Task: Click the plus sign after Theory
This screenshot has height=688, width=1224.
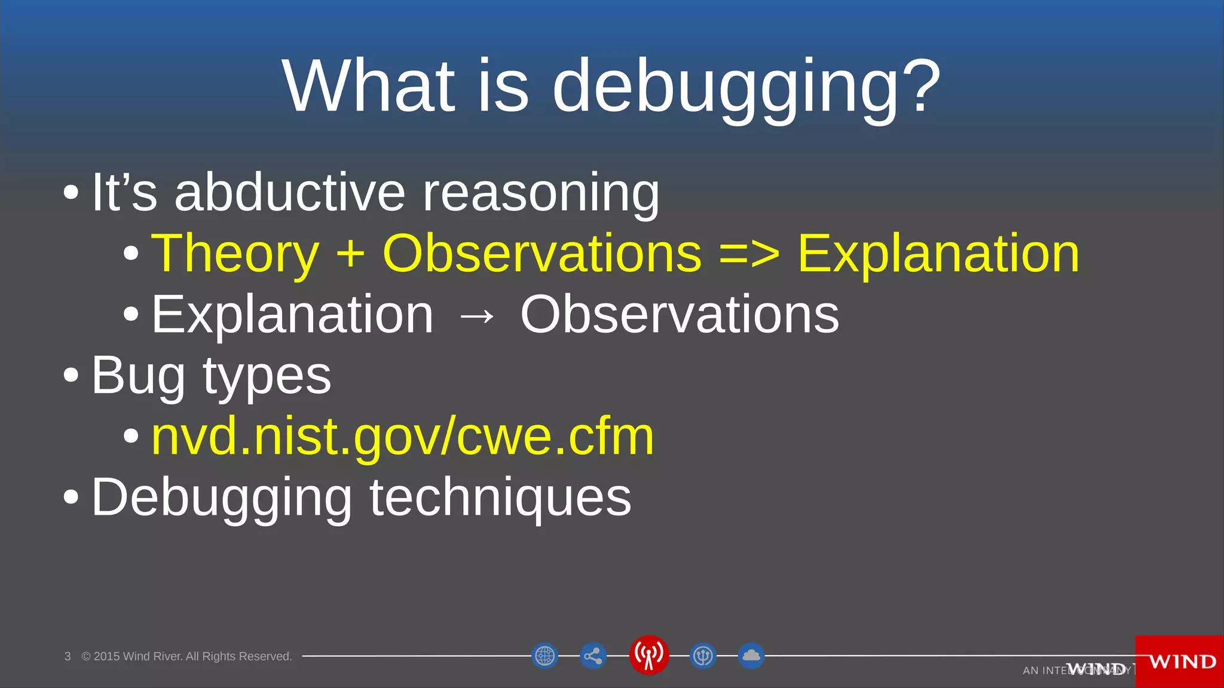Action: (x=350, y=254)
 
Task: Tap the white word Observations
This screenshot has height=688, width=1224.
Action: (x=680, y=315)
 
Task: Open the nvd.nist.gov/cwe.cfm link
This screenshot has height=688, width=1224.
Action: (x=402, y=437)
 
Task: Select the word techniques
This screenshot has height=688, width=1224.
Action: (x=500, y=498)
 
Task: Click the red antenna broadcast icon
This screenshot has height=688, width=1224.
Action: (x=648, y=655)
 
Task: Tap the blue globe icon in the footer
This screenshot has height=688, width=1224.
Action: (x=544, y=656)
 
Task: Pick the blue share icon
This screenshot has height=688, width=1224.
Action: (x=593, y=656)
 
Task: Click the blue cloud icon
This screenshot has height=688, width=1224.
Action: (x=751, y=656)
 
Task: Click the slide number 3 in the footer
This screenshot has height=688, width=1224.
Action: (x=68, y=656)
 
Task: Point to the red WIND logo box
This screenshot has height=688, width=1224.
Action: (x=1179, y=662)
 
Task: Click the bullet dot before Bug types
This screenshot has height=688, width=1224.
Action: (x=71, y=376)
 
